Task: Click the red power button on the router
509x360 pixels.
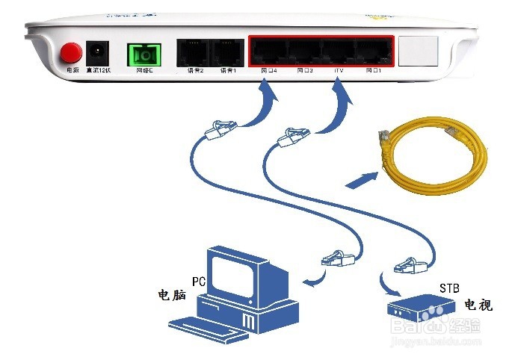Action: pos(71,52)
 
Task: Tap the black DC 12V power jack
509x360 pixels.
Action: pos(96,52)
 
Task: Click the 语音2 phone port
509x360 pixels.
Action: pos(191,52)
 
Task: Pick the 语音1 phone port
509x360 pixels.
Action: pos(227,52)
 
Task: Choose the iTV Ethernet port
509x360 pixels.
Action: pos(338,51)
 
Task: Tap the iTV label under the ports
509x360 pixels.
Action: pos(338,70)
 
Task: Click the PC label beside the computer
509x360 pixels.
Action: pos(198,282)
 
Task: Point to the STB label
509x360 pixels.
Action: pos(448,288)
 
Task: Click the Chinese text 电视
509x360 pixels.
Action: pos(478,305)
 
